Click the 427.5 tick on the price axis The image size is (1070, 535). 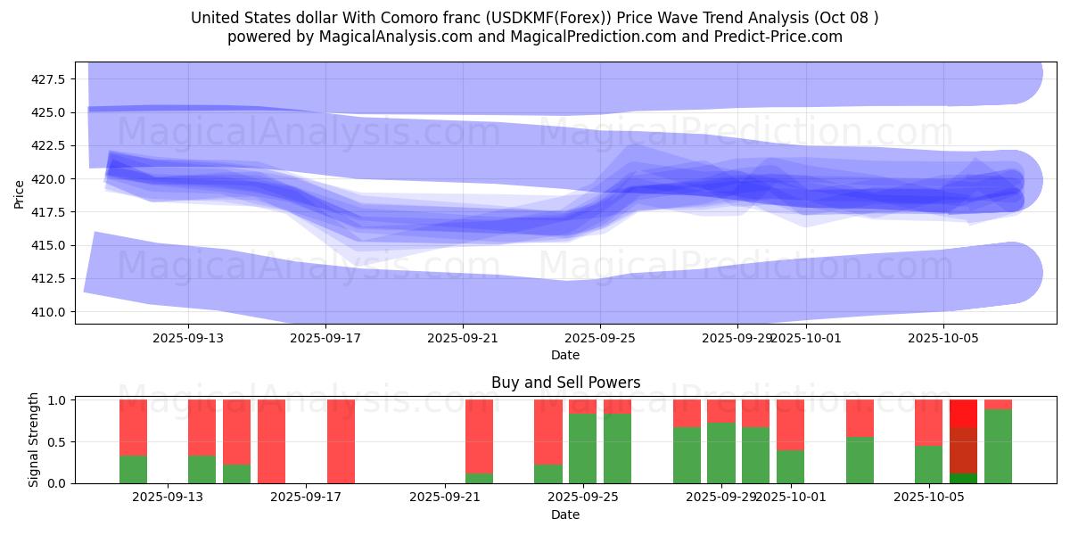(x=50, y=79)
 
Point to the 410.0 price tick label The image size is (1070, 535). (x=50, y=312)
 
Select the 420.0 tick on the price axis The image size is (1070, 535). (x=50, y=179)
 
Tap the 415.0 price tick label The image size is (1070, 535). (x=50, y=245)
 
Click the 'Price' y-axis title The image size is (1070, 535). (x=20, y=193)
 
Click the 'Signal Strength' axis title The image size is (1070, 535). (x=34, y=440)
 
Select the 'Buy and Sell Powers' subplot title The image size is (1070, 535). (x=565, y=383)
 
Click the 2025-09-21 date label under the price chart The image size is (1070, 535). (x=463, y=338)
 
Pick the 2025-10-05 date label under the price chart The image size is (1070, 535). (x=943, y=338)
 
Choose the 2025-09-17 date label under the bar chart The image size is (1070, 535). (x=306, y=497)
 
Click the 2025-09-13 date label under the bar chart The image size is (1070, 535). (x=168, y=497)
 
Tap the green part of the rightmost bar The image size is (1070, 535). (x=998, y=446)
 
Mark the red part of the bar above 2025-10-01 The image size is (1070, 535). (x=790, y=424)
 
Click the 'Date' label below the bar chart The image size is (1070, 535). (x=565, y=514)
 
